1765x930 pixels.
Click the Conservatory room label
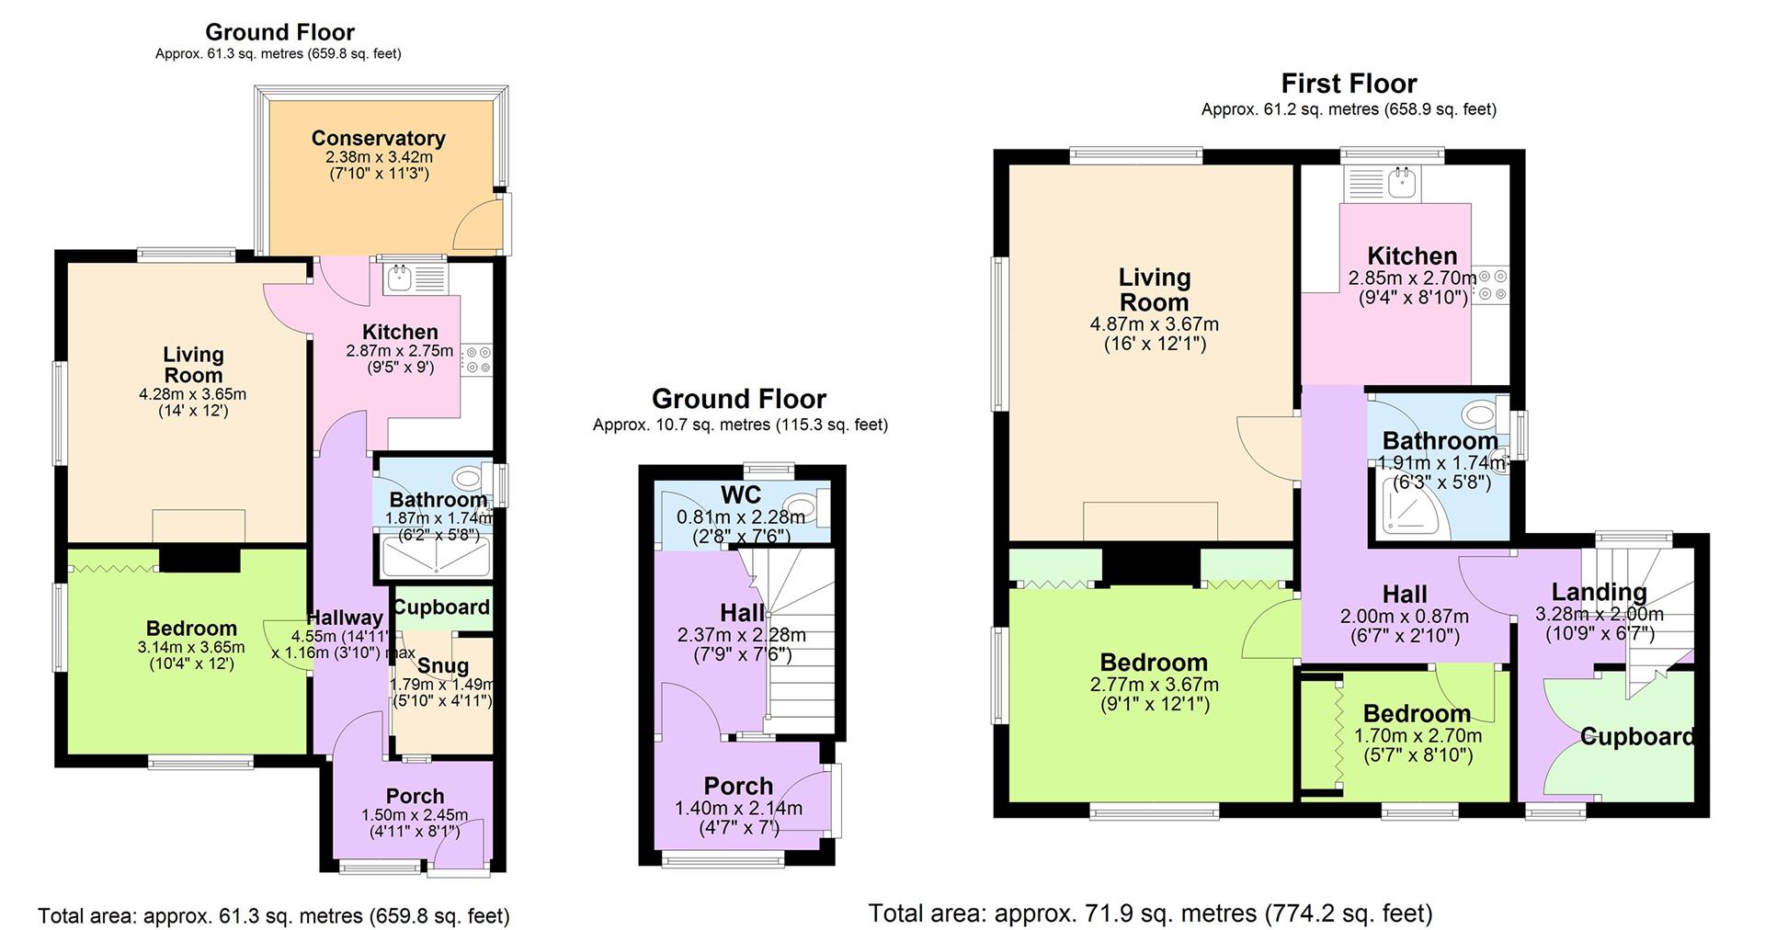click(x=378, y=138)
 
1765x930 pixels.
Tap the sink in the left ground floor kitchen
click(x=400, y=278)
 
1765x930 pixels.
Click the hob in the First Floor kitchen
click(x=1491, y=285)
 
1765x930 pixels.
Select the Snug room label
click(x=443, y=665)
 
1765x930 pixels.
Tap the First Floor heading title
click(x=1349, y=84)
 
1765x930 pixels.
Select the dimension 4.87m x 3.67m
click(x=1154, y=324)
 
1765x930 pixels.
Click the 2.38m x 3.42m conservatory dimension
click(x=378, y=157)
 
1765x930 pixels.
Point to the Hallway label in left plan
click(x=344, y=618)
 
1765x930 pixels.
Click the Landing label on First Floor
click(x=1599, y=592)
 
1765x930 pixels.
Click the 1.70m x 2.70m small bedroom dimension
click(x=1417, y=736)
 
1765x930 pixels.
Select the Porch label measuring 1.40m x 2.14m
click(x=737, y=786)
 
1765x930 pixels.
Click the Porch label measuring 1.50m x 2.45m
click(x=415, y=796)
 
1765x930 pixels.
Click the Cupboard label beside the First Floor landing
click(x=1636, y=736)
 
